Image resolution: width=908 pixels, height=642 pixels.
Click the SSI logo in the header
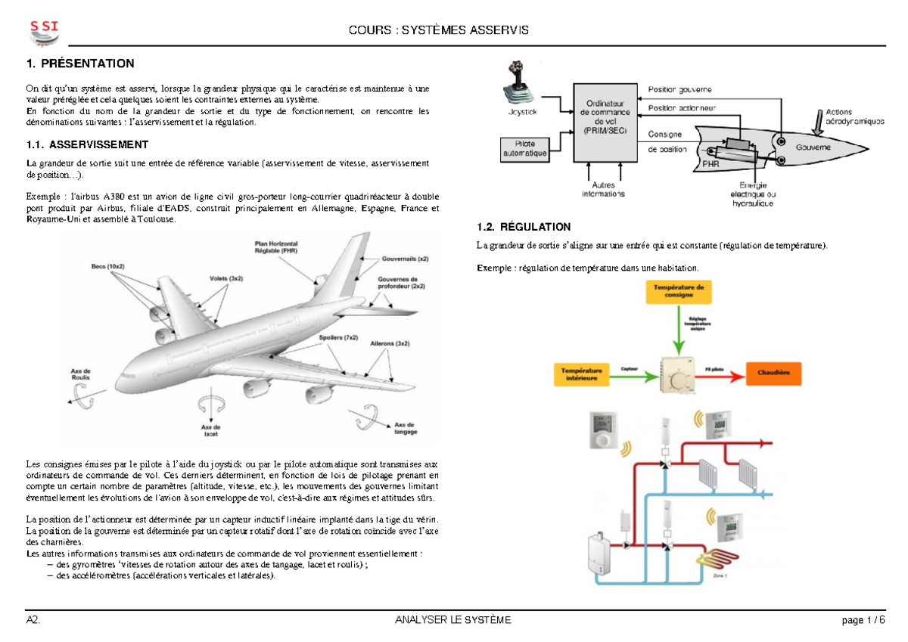click(x=44, y=32)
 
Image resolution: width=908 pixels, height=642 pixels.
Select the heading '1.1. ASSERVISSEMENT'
click(x=87, y=144)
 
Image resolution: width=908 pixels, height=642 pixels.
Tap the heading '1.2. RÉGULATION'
click(x=524, y=227)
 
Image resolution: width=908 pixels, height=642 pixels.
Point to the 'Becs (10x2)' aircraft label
click(x=108, y=267)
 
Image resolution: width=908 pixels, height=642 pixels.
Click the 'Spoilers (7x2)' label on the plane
click(x=339, y=337)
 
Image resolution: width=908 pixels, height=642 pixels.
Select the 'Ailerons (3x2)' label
click(x=390, y=343)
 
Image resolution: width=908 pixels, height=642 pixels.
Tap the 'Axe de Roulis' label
click(x=81, y=374)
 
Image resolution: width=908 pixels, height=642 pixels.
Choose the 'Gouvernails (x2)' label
click(x=404, y=258)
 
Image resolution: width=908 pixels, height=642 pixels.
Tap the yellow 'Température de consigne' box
click(x=679, y=292)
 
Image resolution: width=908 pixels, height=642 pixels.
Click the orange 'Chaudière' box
click(x=773, y=372)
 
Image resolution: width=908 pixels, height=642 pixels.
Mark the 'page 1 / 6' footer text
click(x=863, y=621)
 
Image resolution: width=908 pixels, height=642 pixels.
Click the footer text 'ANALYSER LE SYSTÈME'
click(x=453, y=621)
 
